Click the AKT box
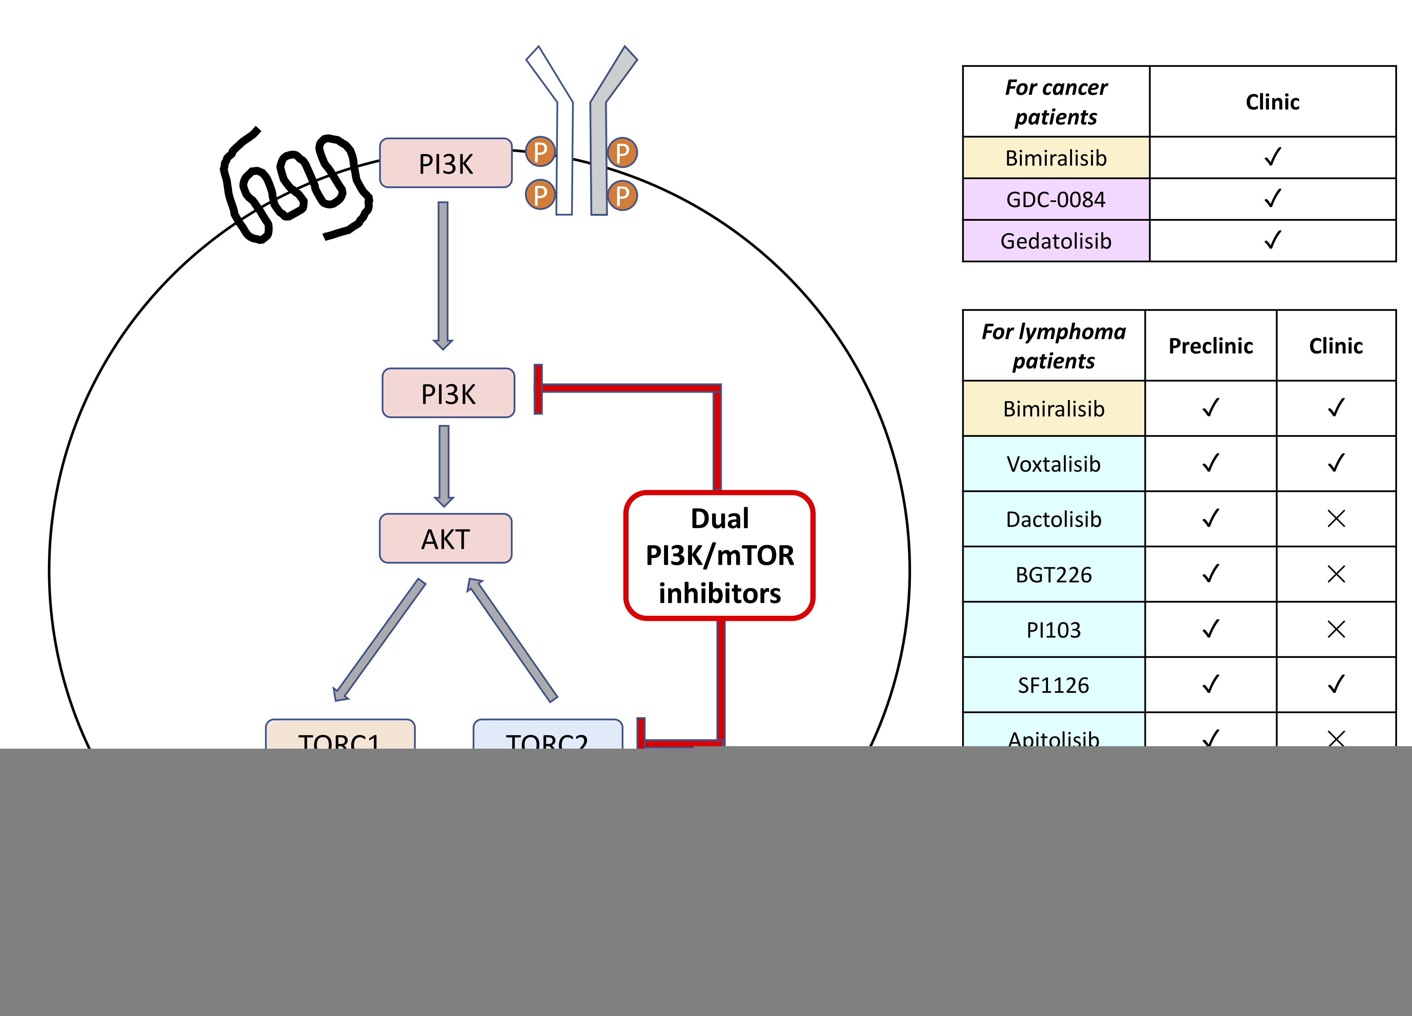[x=446, y=538]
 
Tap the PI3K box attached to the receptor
[x=446, y=163]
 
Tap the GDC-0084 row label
[x=1056, y=199]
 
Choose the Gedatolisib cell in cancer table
[x=1056, y=241]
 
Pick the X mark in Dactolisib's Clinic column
[x=1336, y=518]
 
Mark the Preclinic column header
[x=1210, y=346]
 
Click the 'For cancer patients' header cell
[x=1056, y=101]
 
